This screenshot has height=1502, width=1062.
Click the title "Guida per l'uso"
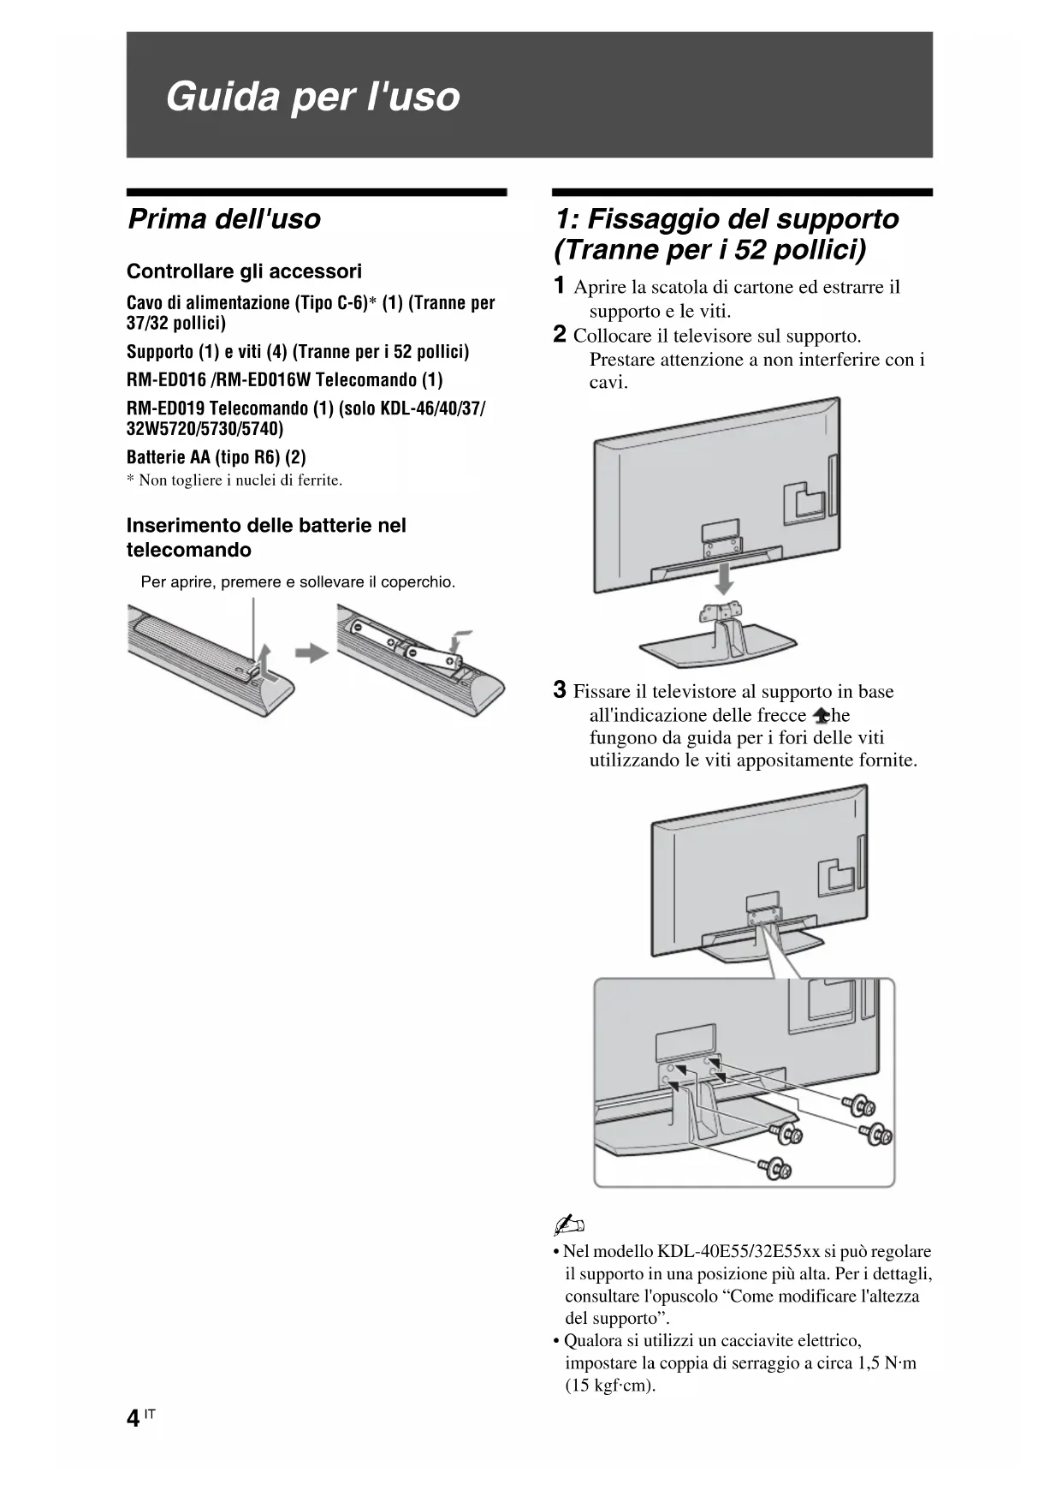point(312,96)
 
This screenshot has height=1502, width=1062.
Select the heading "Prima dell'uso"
point(224,219)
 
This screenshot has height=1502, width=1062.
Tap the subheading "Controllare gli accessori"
point(244,271)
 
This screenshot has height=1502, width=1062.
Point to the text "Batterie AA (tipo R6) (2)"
point(216,457)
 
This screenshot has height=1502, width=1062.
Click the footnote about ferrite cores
point(234,480)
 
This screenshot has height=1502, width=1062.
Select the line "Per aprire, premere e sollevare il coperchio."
point(298,582)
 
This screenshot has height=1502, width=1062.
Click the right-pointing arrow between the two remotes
point(311,653)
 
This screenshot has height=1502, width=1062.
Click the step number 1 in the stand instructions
point(559,286)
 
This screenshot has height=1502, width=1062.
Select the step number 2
point(559,335)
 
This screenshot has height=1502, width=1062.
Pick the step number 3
point(559,690)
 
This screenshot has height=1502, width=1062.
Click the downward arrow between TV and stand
point(724,578)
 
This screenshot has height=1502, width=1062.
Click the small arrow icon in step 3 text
point(822,716)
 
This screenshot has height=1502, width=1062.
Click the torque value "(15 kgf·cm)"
point(610,1386)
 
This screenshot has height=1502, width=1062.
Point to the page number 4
point(133,1419)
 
